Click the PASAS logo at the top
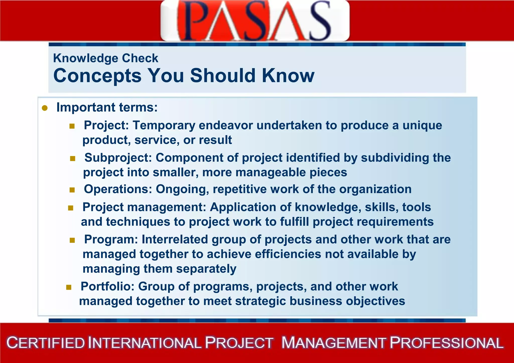[255, 21]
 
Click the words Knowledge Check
[106, 58]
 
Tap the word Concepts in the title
[97, 76]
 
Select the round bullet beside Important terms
[45, 108]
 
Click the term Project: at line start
[106, 125]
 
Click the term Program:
[111, 239]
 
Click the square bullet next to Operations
[72, 190]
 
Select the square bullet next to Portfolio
[69, 287]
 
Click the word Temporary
[164, 125]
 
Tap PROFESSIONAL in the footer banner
[447, 343]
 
